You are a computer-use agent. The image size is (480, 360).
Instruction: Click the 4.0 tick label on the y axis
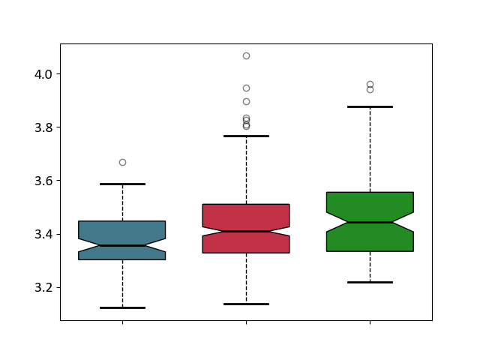43,74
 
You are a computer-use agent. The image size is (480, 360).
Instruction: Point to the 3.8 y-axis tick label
43,127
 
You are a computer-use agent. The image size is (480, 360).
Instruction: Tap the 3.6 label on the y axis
43,181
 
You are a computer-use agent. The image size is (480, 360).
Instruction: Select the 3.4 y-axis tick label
43,235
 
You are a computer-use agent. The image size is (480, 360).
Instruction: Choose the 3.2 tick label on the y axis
43,288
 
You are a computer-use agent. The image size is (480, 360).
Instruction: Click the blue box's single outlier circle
122,162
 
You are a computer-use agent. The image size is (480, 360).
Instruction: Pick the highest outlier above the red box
247,55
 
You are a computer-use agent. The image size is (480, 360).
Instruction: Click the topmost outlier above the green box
370,85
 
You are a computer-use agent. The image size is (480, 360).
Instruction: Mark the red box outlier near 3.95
247,88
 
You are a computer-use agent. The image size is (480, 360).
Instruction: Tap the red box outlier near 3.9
247,102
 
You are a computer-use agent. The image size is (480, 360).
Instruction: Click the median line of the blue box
122,245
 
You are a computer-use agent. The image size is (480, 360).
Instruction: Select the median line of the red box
247,232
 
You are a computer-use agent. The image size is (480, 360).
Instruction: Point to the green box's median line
370,222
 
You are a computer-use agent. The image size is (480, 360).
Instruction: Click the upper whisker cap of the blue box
122,184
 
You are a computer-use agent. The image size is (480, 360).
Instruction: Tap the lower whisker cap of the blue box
122,307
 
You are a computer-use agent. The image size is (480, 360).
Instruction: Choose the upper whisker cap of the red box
247,136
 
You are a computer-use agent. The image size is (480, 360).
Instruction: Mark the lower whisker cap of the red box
247,304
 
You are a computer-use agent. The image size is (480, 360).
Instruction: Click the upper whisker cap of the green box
370,106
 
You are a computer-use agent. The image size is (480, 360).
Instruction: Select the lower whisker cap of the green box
370,282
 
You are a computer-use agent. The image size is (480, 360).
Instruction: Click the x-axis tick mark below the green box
370,322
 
